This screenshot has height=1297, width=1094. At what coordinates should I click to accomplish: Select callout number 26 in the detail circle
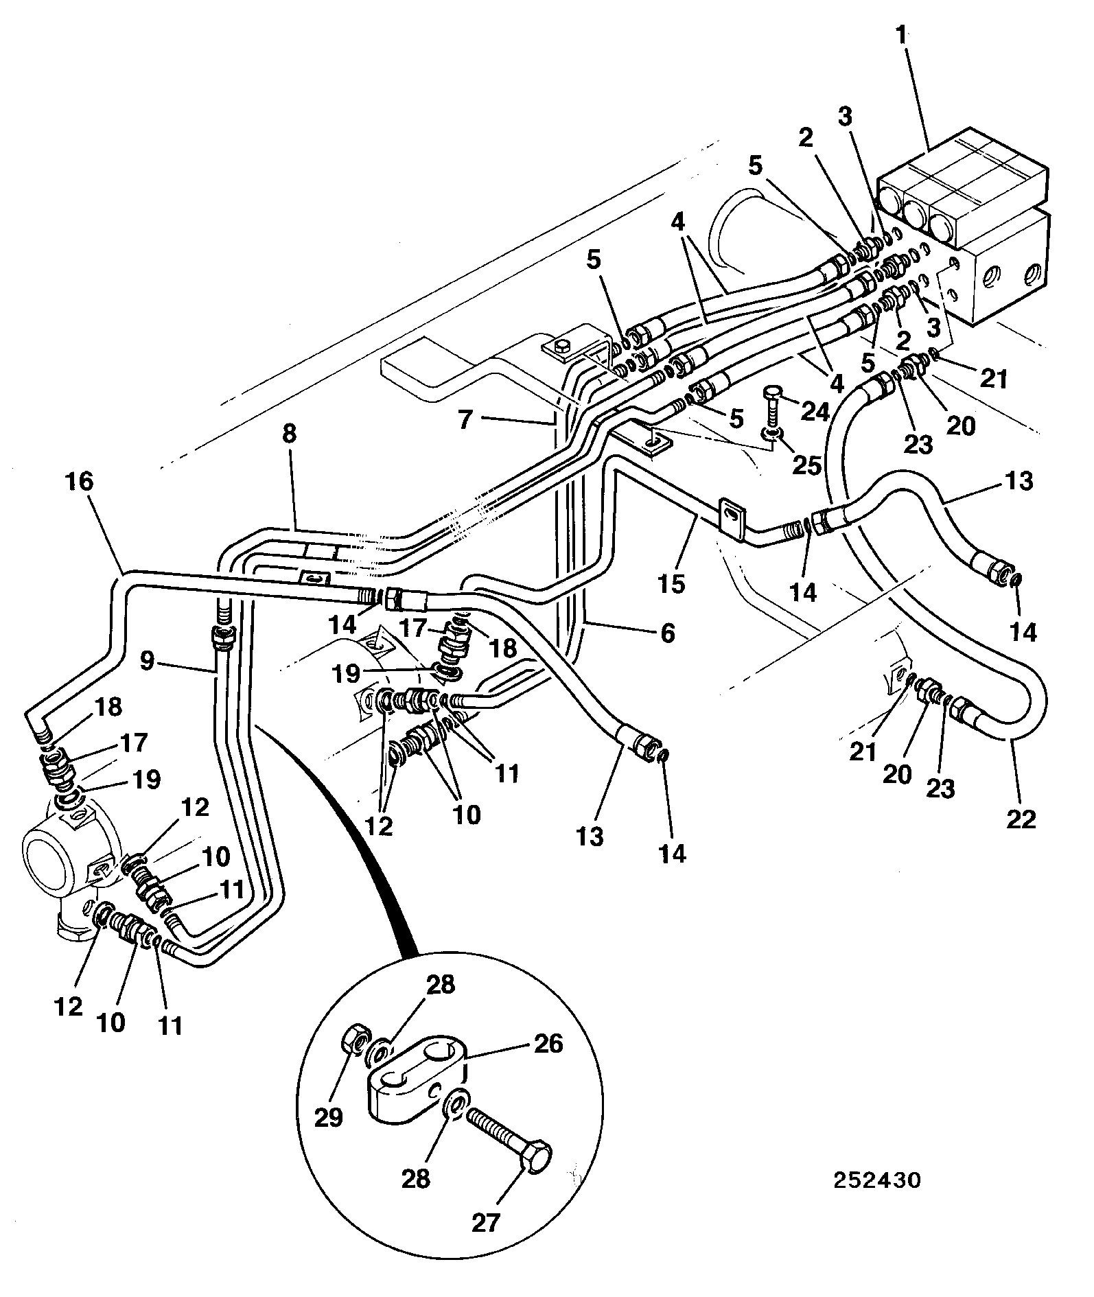[548, 1044]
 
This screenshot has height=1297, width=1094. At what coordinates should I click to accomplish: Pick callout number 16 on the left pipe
[79, 481]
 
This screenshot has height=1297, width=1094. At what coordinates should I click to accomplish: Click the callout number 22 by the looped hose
[1021, 819]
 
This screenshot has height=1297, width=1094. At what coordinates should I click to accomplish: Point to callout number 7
[465, 419]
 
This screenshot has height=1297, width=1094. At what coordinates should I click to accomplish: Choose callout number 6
[667, 632]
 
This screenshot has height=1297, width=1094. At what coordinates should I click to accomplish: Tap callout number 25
[807, 465]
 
